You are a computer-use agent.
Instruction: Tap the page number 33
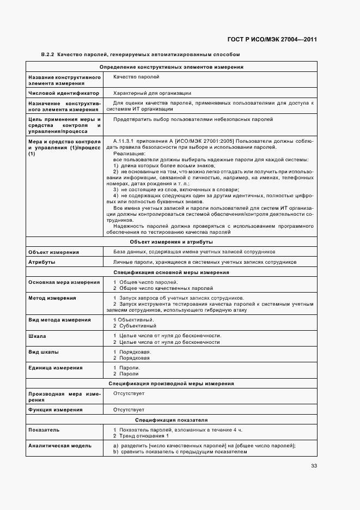tap(314, 465)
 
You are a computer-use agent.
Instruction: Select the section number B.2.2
tap(48, 54)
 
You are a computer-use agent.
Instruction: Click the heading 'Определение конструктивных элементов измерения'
tap(171, 67)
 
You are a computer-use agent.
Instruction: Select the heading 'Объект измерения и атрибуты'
tap(171, 241)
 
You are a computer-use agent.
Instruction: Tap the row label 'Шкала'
tap(37, 336)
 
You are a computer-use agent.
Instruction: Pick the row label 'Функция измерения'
tap(55, 409)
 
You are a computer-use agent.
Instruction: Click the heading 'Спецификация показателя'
tap(171, 420)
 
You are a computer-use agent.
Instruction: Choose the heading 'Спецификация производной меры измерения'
tap(171, 384)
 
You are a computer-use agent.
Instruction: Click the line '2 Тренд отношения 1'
tap(141, 436)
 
